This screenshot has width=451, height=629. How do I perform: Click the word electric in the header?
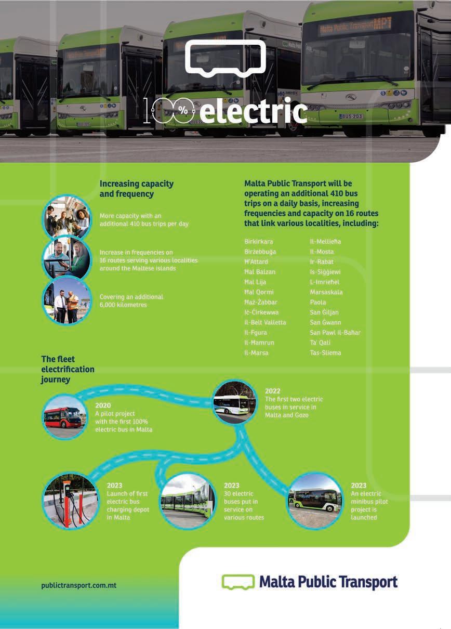(254, 111)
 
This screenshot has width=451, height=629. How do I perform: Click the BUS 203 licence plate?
(352, 116)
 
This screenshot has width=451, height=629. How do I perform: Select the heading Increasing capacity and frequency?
(136, 189)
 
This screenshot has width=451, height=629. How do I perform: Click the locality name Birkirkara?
(258, 242)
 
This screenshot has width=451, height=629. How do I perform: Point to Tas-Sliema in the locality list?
(325, 353)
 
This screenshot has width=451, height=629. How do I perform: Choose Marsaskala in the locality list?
(327, 292)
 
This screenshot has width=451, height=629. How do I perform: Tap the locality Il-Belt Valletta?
(265, 323)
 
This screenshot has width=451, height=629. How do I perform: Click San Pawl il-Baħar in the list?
(335, 333)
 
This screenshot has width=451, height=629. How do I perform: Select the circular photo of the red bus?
(64, 416)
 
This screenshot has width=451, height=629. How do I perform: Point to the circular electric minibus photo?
(315, 500)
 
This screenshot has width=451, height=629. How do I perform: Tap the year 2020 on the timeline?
(103, 405)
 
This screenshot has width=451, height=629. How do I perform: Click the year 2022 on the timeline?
(272, 391)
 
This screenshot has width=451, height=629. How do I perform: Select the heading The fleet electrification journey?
(68, 369)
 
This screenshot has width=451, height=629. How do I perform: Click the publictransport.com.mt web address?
(78, 585)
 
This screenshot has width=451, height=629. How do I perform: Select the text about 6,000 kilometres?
(131, 300)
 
